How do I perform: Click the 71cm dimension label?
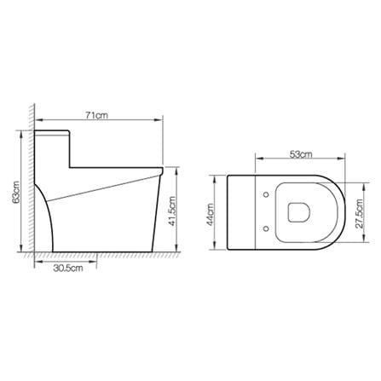click(x=96, y=115)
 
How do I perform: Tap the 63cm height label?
click(x=16, y=192)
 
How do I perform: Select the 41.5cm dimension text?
click(x=172, y=211)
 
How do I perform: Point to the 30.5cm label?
click(x=68, y=268)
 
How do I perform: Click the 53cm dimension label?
click(x=301, y=154)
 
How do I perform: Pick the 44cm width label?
click(x=211, y=215)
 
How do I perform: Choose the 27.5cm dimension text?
click(x=360, y=213)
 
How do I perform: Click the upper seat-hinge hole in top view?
click(x=266, y=194)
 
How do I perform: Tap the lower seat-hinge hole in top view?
click(x=266, y=228)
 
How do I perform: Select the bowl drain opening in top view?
click(x=298, y=212)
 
